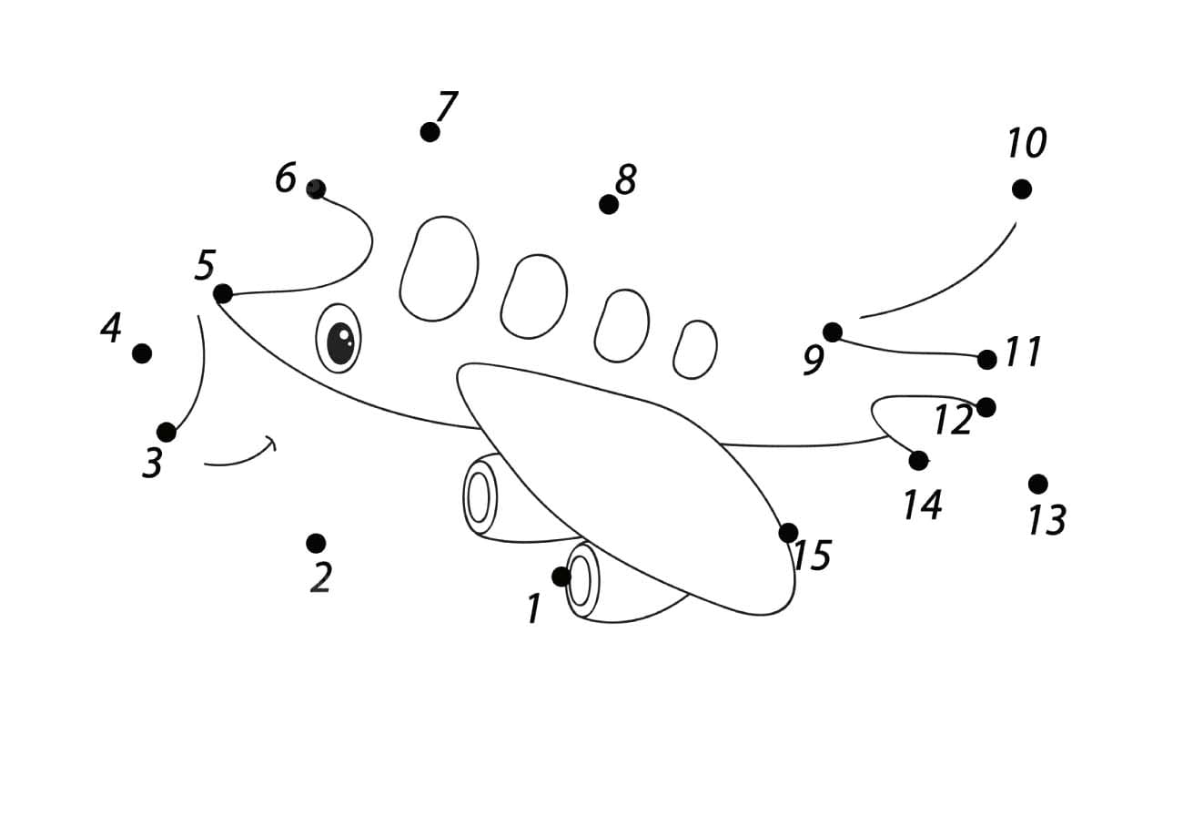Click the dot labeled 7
pyautogui.click(x=430, y=132)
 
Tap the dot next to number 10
pyautogui.click(x=1022, y=189)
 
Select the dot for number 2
pyautogui.click(x=316, y=543)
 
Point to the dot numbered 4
pyautogui.click(x=142, y=353)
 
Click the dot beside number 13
pyautogui.click(x=1038, y=484)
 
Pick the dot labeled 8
pyautogui.click(x=609, y=205)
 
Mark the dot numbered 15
pyautogui.click(x=788, y=533)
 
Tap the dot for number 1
pyautogui.click(x=561, y=577)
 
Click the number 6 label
pyautogui.click(x=286, y=178)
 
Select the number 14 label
pyautogui.click(x=922, y=505)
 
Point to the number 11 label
pyautogui.click(x=1023, y=352)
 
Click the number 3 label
pyautogui.click(x=153, y=464)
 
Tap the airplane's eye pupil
pyautogui.click(x=340, y=343)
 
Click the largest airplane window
pyautogui.click(x=439, y=269)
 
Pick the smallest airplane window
pyautogui.click(x=695, y=350)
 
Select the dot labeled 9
pyautogui.click(x=833, y=332)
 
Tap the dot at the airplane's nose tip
pyautogui.click(x=223, y=294)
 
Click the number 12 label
pyautogui.click(x=954, y=420)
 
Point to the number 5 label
pyautogui.click(x=206, y=265)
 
